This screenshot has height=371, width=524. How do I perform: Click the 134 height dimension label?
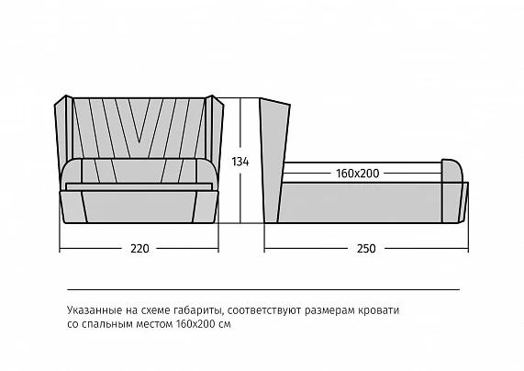tap(240, 162)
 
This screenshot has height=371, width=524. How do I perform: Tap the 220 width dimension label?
tap(139, 249)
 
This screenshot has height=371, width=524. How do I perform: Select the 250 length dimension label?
tap(366, 249)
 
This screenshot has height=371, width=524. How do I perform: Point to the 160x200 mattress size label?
tap(358, 174)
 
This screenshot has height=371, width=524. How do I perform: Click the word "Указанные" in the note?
tap(95, 310)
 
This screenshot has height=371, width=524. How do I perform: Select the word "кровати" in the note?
tap(379, 310)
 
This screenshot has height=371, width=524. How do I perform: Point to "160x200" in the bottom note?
tap(195, 324)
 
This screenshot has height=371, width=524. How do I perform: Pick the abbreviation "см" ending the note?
tap(225, 324)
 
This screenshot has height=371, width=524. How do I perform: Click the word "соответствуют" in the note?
tap(264, 310)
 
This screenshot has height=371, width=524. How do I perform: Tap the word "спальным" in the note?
tap(110, 324)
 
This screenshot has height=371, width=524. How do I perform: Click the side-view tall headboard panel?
tap(273, 161)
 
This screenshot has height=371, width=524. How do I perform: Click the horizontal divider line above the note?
tap(263, 289)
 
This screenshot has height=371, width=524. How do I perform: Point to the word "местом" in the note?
tap(154, 324)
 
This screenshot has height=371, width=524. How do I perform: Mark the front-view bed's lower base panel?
tap(139, 207)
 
